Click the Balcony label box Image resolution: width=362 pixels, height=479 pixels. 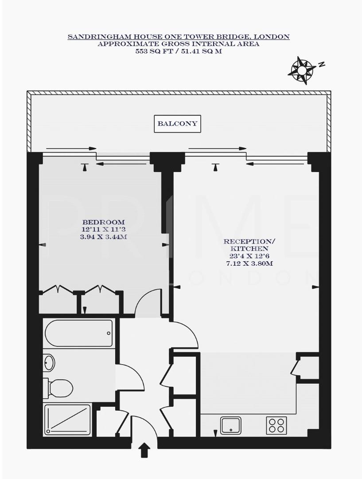(178, 124)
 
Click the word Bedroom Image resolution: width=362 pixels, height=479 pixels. (103, 222)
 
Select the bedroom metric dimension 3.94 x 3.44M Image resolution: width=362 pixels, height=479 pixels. (103, 237)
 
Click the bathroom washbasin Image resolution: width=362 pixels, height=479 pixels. (49, 363)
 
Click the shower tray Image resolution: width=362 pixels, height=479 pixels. (68, 419)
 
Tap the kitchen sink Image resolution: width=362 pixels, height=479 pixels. (231, 425)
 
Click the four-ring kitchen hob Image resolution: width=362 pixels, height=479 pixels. (276, 425)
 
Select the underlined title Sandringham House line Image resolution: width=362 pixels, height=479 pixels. (178, 37)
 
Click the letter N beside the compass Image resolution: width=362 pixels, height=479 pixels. (322, 64)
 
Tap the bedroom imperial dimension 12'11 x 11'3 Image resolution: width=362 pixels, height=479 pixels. (103, 230)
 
